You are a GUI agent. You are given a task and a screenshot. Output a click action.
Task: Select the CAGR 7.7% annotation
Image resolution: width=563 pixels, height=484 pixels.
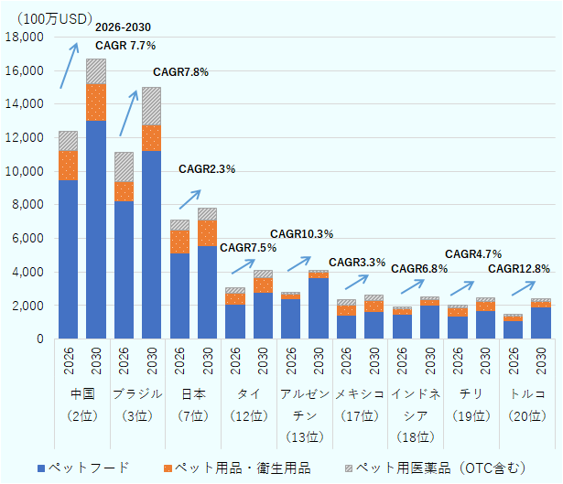coord(125,45)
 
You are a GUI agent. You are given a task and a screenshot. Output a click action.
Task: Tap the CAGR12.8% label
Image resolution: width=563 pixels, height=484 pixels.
coord(518,269)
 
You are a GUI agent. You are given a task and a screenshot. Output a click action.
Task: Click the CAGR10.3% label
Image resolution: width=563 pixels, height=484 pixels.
coord(301,234)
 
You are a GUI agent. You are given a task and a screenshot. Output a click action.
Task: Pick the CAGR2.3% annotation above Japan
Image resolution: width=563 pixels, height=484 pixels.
coord(207,169)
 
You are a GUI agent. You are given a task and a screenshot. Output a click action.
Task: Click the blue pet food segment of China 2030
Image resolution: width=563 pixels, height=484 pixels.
coord(96,229)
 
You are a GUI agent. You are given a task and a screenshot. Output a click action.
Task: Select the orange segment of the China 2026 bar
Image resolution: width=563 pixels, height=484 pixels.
coord(68,166)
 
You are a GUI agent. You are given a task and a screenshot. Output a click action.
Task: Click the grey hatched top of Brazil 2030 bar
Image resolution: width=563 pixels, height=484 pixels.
coord(151,106)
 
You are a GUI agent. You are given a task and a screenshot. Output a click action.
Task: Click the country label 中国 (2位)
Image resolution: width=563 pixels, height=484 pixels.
coord(82,403)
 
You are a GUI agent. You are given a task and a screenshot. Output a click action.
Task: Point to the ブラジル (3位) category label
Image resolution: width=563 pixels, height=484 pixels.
coord(137,403)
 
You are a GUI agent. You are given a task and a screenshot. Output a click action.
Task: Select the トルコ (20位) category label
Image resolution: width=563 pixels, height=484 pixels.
coord(526,403)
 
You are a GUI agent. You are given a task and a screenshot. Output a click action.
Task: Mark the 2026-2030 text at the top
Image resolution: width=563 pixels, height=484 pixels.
coord(125,27)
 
